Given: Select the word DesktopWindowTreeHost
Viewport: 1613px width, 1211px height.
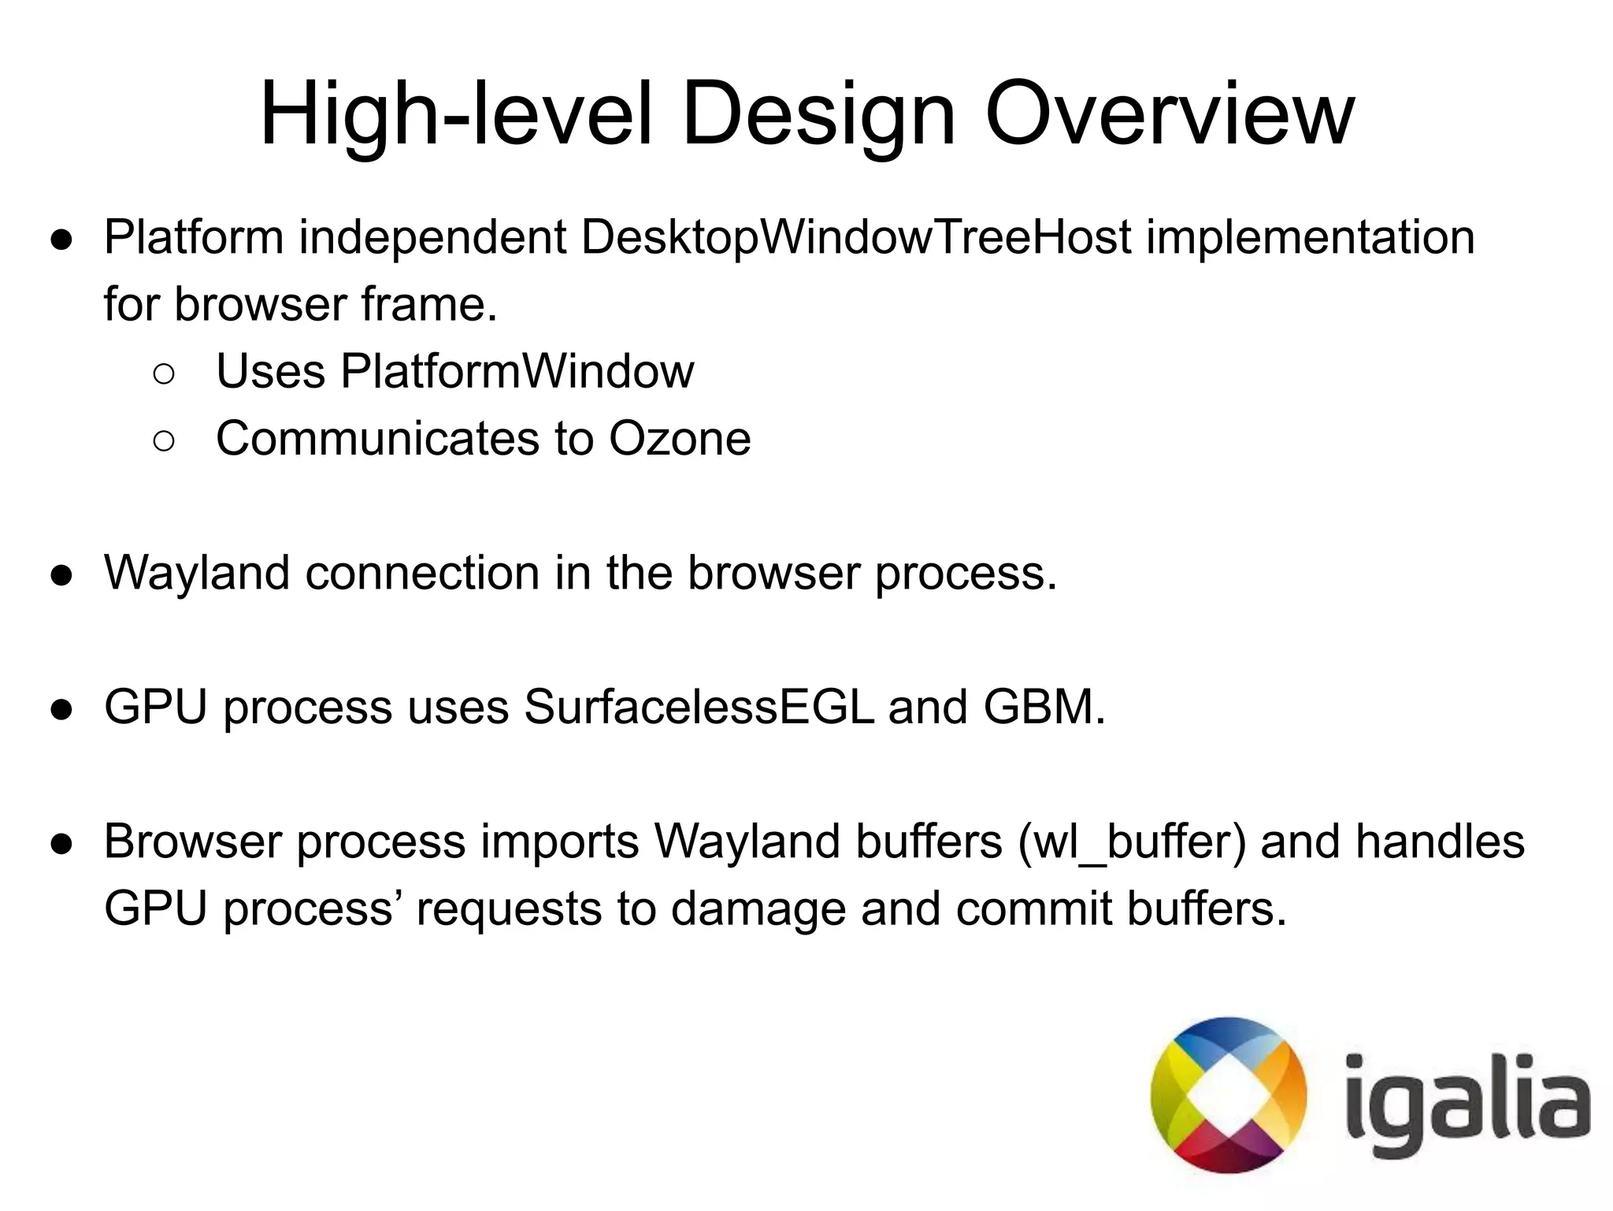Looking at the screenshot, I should coord(856,237).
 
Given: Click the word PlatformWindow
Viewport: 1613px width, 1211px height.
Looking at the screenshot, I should coord(517,371).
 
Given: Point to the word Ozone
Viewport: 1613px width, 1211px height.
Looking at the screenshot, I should coord(680,439).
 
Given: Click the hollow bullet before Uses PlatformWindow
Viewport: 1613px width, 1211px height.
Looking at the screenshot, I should coord(164,374).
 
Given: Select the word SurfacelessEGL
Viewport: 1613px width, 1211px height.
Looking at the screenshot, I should coord(699,707).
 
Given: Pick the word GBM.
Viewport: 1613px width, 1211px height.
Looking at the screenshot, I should coord(1044,707).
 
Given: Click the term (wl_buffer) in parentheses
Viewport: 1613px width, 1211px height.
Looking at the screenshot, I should coord(1132,842).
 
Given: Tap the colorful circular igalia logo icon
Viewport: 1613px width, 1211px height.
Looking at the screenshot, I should coord(1228,1094).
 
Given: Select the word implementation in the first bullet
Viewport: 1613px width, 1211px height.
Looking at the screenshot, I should coord(1310,237).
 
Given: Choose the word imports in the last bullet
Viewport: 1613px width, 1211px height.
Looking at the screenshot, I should coord(560,842).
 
